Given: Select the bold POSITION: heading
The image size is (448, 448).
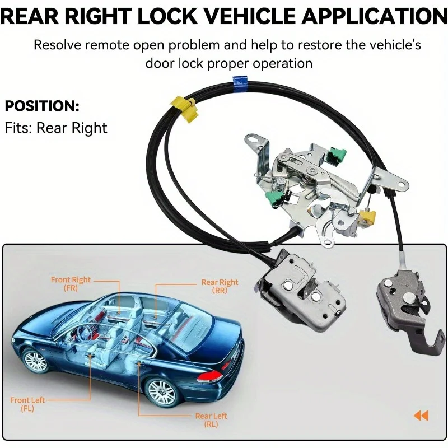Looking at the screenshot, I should pyautogui.click(x=42, y=106).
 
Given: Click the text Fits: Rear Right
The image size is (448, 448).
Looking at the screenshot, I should pyautogui.click(x=56, y=128).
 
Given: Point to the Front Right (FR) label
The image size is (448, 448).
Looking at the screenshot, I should pyautogui.click(x=71, y=284).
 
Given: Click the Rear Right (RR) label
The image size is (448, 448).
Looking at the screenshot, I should pyautogui.click(x=220, y=287).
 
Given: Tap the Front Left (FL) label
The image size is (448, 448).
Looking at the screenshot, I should pyautogui.click(x=27, y=404).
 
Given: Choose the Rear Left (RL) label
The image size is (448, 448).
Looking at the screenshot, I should pyautogui.click(x=211, y=420).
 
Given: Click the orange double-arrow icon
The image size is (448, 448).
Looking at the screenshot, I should pyautogui.click(x=421, y=416).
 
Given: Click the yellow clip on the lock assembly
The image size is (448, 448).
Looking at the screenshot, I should pyautogui.click(x=368, y=217).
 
